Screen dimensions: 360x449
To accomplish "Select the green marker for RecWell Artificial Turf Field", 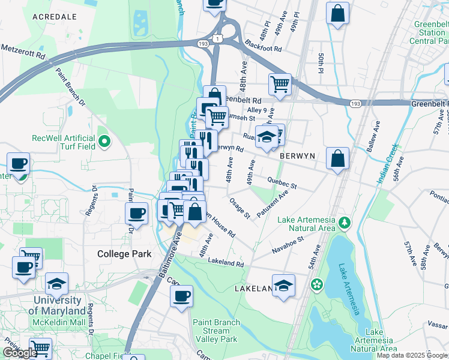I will tap(104, 142).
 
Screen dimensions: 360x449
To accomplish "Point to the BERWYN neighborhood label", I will tap(297, 155).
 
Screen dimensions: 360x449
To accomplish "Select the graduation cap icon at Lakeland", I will tap(283, 286).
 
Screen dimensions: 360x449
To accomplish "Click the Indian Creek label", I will tap(389, 163).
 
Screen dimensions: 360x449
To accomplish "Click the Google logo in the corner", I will tap(19, 353).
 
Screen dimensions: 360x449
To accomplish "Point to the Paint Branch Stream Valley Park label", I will tap(216, 331).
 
